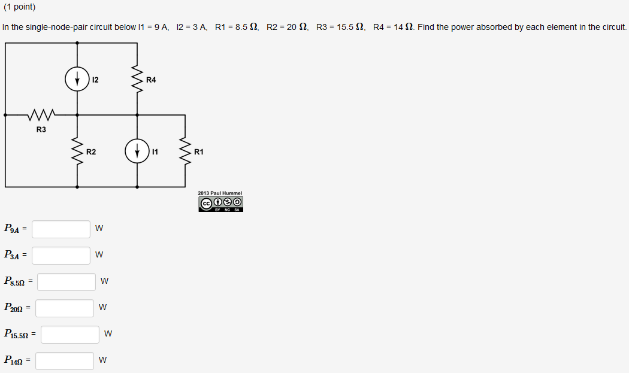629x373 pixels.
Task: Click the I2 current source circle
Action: click(x=77, y=80)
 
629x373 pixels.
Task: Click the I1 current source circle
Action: click(x=137, y=151)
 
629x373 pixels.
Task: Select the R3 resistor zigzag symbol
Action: click(x=41, y=114)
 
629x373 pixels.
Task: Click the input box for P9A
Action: click(x=61, y=229)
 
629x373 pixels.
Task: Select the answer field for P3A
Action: click(x=61, y=255)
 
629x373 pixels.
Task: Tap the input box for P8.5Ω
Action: click(x=66, y=281)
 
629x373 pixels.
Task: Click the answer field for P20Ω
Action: click(x=65, y=308)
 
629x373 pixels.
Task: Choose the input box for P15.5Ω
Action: click(x=70, y=334)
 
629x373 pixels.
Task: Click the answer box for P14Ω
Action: click(x=65, y=360)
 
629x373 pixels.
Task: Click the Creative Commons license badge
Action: click(x=220, y=204)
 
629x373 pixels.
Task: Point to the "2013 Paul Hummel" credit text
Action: click(x=220, y=193)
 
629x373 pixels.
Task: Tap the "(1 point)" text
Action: click(x=19, y=7)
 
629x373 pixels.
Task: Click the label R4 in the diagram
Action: click(x=151, y=80)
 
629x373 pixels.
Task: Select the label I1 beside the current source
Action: click(x=155, y=151)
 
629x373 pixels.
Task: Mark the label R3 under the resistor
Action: click(x=41, y=129)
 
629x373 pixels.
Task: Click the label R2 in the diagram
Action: click(x=91, y=151)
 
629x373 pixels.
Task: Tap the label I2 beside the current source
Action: click(x=95, y=80)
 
